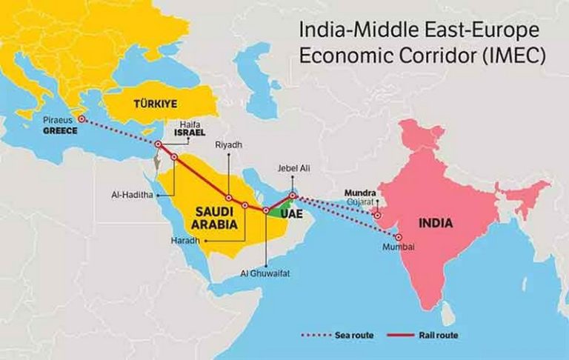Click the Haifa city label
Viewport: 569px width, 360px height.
190,125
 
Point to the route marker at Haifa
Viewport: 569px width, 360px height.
158,144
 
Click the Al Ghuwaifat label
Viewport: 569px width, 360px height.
264,273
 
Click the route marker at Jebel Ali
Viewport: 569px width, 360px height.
293,196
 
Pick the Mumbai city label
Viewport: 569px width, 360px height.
397,247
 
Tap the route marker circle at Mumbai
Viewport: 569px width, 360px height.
398,237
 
